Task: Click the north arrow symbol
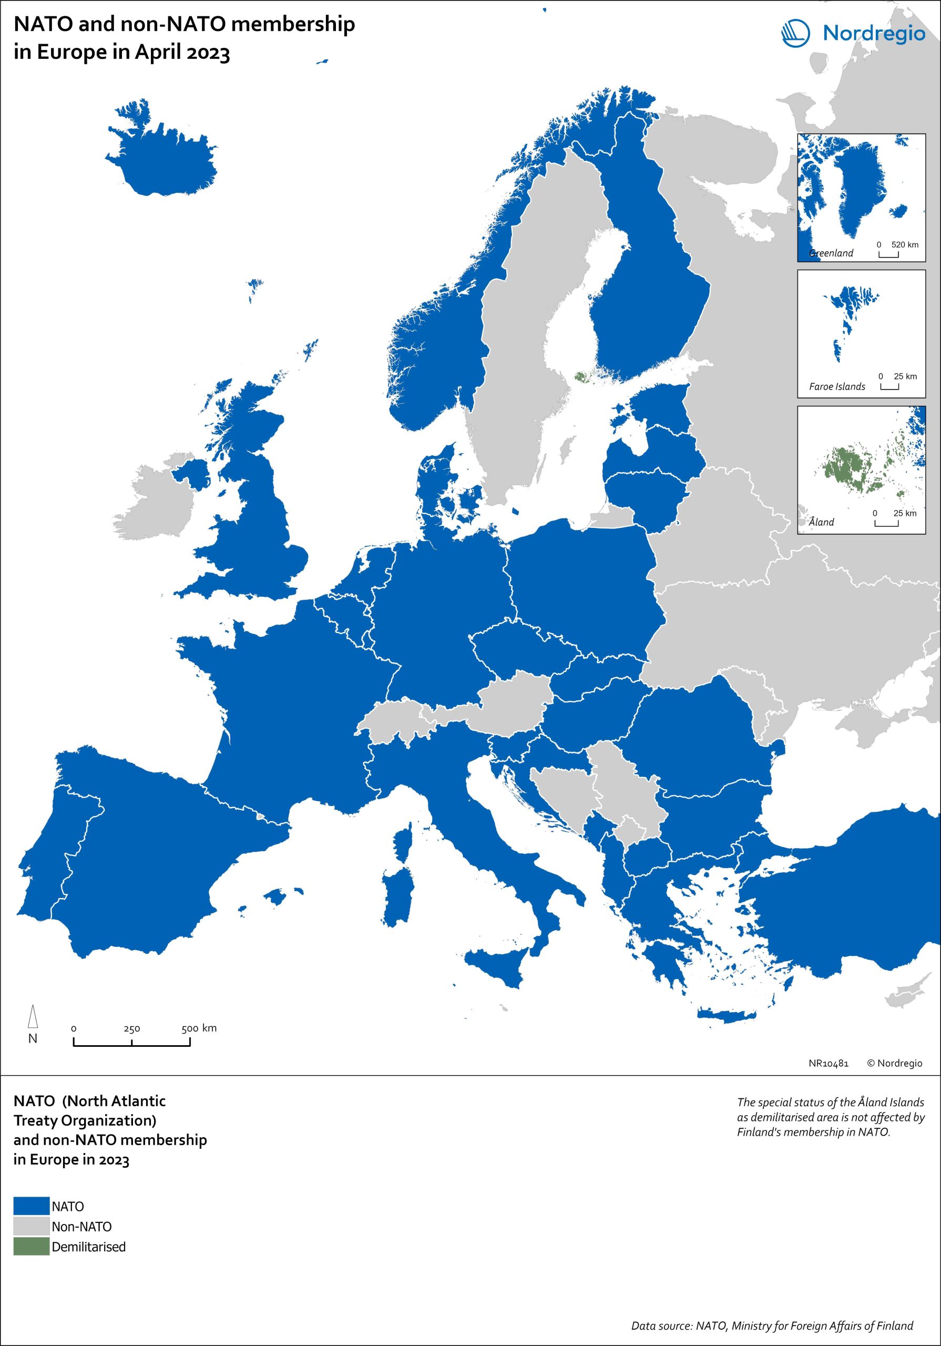33,1017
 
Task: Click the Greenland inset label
831,253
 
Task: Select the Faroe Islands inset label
836,386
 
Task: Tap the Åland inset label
821,522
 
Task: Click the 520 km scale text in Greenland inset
905,244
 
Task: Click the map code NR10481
828,1063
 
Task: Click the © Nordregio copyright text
894,1063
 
